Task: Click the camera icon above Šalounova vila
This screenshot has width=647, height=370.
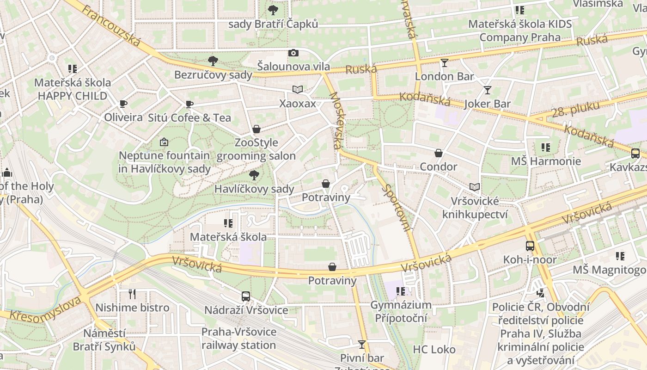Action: click(x=293, y=53)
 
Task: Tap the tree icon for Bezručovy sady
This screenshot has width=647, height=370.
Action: click(x=213, y=61)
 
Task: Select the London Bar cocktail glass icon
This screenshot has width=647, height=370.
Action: click(x=445, y=63)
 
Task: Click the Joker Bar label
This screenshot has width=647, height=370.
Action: click(x=488, y=104)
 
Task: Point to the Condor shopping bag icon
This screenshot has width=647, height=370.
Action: click(x=438, y=153)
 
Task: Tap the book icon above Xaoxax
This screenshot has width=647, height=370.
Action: click(x=298, y=90)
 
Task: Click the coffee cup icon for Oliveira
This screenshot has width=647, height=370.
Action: click(x=123, y=104)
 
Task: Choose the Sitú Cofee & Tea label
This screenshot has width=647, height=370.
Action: click(x=189, y=118)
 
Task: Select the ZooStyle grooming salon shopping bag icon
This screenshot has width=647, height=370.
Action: click(x=256, y=129)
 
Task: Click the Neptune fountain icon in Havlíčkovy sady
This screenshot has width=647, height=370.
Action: click(x=164, y=142)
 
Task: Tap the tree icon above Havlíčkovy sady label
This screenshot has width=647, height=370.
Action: click(x=254, y=175)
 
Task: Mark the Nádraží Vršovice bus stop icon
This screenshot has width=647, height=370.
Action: click(x=246, y=296)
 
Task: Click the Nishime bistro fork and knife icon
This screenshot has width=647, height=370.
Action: click(x=132, y=294)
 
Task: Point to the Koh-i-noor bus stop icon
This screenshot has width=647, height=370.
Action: click(x=530, y=246)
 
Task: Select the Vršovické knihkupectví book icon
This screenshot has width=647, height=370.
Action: click(x=475, y=187)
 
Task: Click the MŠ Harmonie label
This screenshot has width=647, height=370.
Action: click(x=546, y=161)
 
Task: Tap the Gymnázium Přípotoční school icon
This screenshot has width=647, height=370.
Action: click(x=401, y=291)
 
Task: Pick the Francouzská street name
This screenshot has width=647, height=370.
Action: click(x=111, y=26)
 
